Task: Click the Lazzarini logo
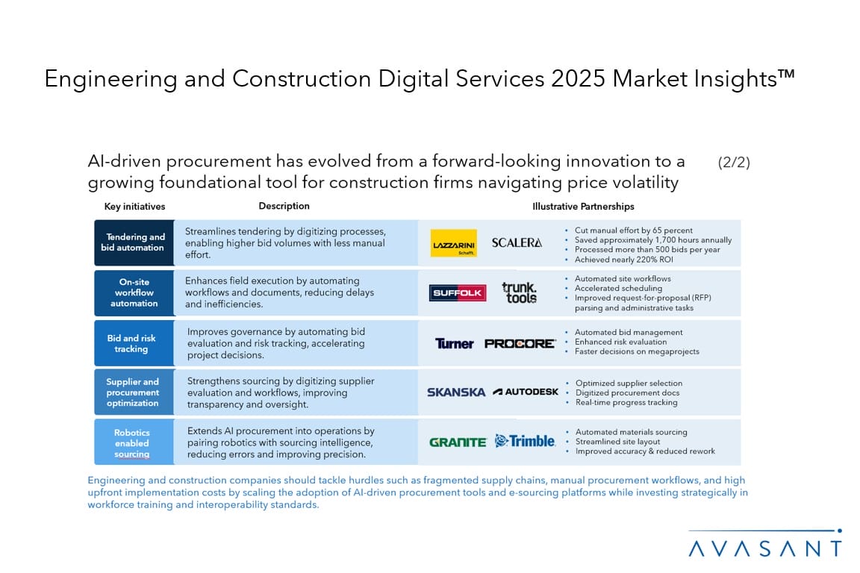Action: (x=454, y=243)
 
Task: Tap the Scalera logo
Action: (x=517, y=242)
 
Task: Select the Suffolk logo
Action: (x=458, y=293)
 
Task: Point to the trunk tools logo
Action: (x=519, y=292)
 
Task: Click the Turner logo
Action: (x=455, y=343)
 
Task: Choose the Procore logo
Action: (x=520, y=343)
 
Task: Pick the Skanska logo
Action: (x=456, y=392)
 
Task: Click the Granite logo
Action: (x=458, y=442)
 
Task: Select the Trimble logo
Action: (x=525, y=441)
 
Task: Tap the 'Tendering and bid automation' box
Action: (x=134, y=242)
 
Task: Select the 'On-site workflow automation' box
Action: (x=134, y=292)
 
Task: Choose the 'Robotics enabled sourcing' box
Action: (x=132, y=442)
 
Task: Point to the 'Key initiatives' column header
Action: (x=134, y=207)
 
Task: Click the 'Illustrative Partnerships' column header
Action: (x=583, y=207)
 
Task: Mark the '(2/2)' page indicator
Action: (x=733, y=163)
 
